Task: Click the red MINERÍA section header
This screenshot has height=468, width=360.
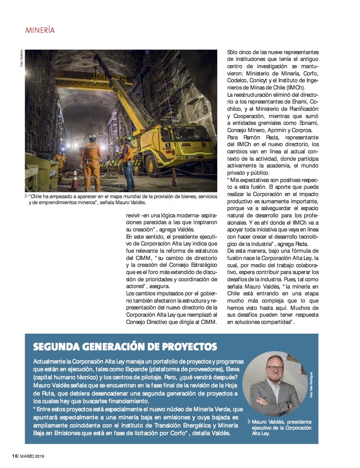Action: click(40, 30)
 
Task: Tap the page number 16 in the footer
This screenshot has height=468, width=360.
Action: click(14, 456)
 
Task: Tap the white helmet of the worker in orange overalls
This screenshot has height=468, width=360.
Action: click(92, 137)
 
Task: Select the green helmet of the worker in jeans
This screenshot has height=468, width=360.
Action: click(127, 138)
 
